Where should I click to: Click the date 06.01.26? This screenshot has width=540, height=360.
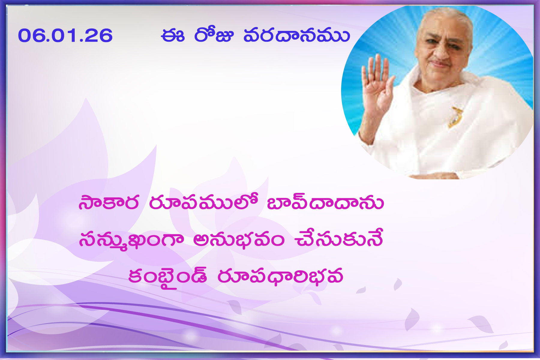[65, 35]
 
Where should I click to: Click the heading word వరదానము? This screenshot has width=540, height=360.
[296, 35]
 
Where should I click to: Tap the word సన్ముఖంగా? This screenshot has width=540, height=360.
[131, 240]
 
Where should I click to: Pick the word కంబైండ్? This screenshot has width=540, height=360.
[167, 277]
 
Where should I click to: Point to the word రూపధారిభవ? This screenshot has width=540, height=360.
[280, 276]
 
